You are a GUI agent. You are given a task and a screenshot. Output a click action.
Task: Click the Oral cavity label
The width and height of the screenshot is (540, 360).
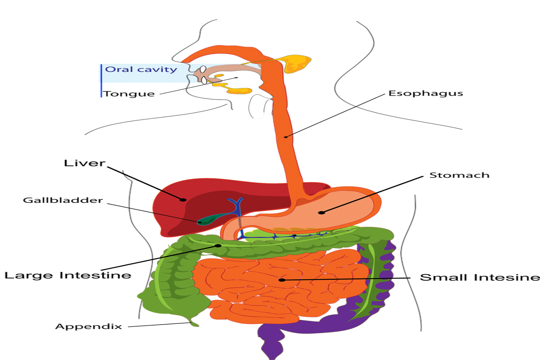coord(141,69)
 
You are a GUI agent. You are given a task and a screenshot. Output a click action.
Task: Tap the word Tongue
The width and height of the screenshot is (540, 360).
coord(129,94)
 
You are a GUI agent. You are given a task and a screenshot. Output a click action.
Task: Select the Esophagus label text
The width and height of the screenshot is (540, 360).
coord(426,94)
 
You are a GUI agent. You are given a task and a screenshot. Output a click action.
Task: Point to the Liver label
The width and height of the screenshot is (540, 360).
coord(85,163)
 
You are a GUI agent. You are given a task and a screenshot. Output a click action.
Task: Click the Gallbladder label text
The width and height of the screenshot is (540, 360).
coord(63,200)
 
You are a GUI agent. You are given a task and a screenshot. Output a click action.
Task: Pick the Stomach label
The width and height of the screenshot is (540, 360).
coord(459,175)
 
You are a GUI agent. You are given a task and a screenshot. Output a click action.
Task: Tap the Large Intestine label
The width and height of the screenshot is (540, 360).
coord(68,275)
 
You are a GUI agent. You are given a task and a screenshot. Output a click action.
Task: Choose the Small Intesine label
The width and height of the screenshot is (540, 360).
coord(480,277)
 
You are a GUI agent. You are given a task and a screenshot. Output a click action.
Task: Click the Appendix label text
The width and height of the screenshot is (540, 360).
coord(88,326)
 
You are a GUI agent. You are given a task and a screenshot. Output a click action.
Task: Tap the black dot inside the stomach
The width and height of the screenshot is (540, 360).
coord(322,213)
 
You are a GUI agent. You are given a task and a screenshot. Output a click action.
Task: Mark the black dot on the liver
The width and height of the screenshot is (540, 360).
coord(183,199)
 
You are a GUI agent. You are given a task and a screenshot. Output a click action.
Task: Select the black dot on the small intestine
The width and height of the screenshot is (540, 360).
coord(282,280)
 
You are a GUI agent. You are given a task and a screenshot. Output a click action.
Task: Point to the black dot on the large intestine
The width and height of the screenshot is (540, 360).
coord(218,246)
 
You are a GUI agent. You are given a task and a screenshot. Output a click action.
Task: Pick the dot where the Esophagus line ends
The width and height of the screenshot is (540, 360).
coord(286,137)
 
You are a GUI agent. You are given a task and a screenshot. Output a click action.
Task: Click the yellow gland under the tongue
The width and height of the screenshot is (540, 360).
coord(237,89)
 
